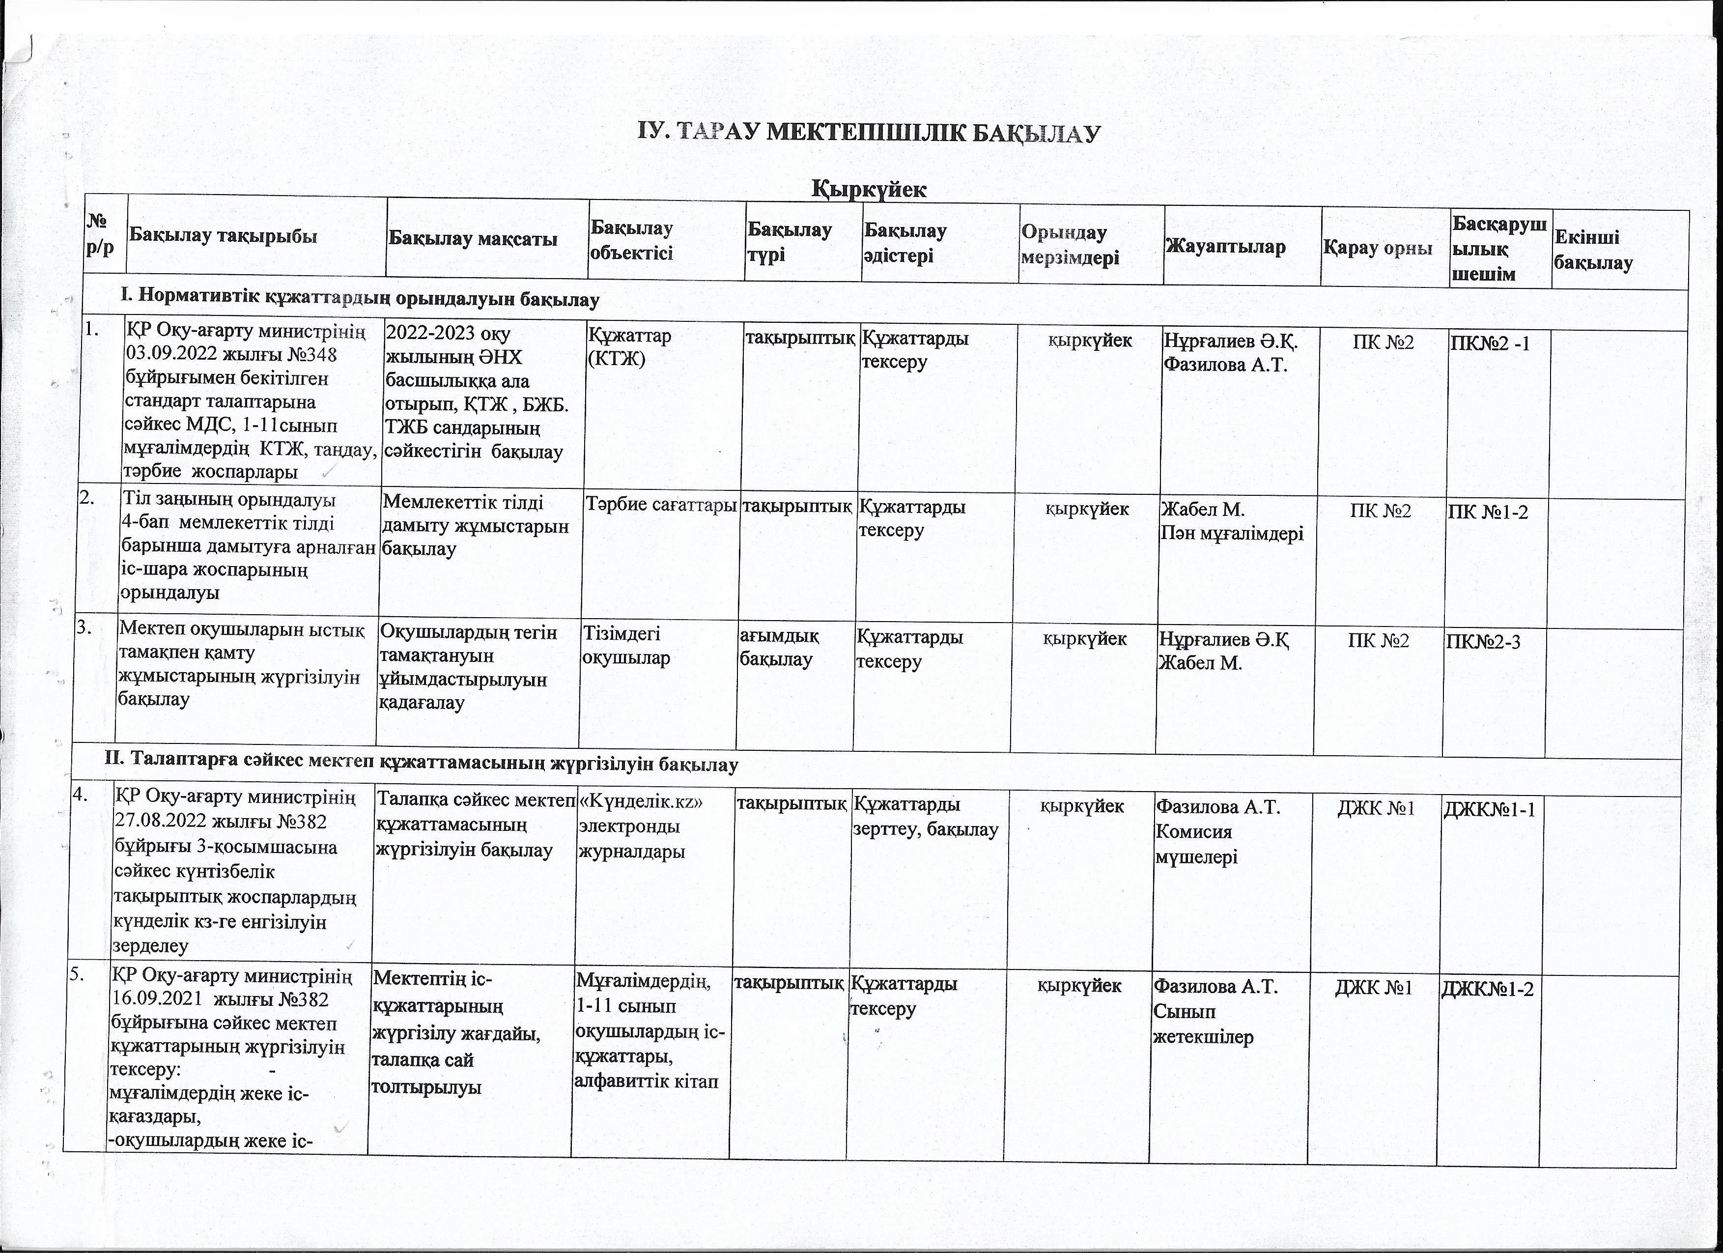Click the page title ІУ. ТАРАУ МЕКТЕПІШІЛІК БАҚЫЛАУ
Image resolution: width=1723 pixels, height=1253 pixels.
tap(868, 133)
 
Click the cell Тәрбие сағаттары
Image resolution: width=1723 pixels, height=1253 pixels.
tap(661, 506)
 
